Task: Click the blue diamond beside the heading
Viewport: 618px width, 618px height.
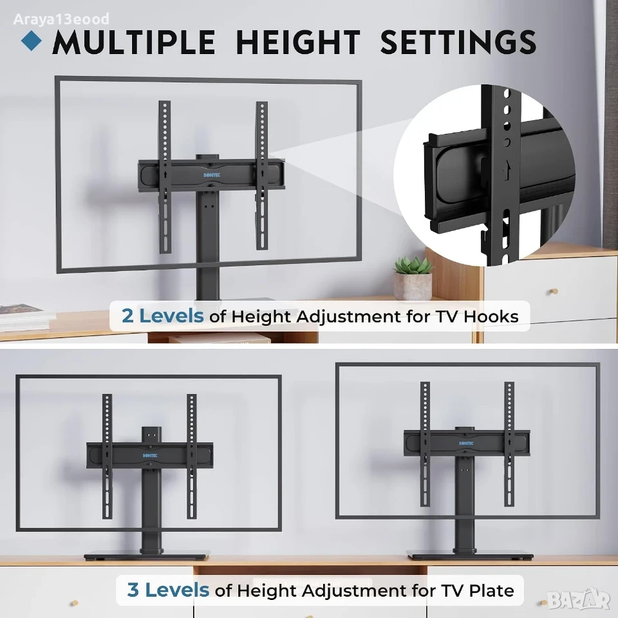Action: (32, 41)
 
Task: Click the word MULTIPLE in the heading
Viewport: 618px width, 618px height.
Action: (134, 42)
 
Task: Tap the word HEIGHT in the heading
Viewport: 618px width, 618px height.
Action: (298, 42)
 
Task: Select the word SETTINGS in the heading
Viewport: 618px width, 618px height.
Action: (458, 42)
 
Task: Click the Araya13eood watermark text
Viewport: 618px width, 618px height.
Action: (61, 19)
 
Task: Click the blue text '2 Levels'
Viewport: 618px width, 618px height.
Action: (162, 316)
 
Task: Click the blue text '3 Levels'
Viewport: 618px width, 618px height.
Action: (168, 590)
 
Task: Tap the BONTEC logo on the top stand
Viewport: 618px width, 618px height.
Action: (212, 175)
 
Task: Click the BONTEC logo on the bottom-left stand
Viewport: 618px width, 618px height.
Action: (150, 456)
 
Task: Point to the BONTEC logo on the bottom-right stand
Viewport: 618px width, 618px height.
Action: (466, 443)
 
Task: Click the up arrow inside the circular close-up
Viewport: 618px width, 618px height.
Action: (507, 170)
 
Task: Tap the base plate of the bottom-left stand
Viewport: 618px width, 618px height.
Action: (147, 556)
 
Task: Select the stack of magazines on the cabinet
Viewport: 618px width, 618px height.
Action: (24, 317)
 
